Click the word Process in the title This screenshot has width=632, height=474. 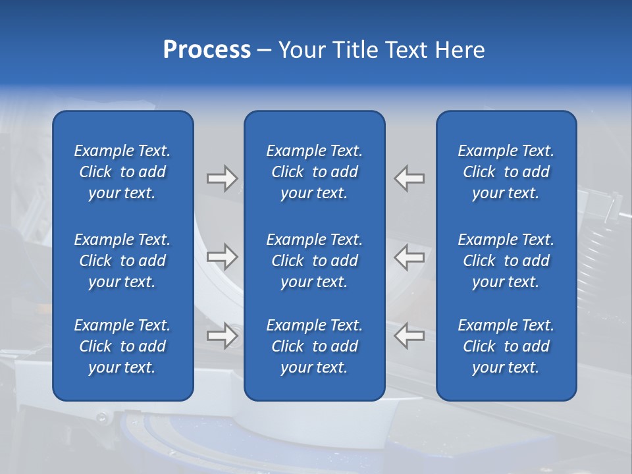coord(207,50)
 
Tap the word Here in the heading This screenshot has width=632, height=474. coord(459,50)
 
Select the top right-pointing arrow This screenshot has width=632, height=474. coord(222,178)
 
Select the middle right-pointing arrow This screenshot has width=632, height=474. coord(222,257)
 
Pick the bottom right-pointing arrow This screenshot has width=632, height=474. coord(222,336)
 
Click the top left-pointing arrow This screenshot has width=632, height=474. coord(409,178)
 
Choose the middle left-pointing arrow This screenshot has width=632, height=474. coord(409,257)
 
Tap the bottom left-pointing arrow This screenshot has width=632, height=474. coord(409,336)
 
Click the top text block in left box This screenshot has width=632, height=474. coord(122,172)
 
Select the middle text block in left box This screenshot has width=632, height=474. coord(122,261)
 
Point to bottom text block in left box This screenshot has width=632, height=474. coord(122,346)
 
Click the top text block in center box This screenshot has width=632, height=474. coord(315,172)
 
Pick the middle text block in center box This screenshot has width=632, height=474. coord(315,261)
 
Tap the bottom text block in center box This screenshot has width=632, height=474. coord(315,346)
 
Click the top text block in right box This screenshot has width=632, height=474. coord(506,172)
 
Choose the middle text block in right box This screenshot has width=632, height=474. coord(506,261)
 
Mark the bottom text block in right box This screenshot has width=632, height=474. coord(506,346)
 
